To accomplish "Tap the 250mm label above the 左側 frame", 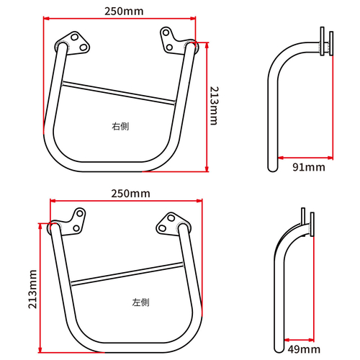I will (130, 193).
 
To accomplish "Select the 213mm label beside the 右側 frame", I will (213, 106).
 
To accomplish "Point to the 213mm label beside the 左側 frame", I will (32, 289).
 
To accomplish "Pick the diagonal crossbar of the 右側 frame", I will (119, 93).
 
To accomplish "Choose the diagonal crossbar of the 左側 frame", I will (126, 274).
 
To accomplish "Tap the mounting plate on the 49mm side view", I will (307, 222).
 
